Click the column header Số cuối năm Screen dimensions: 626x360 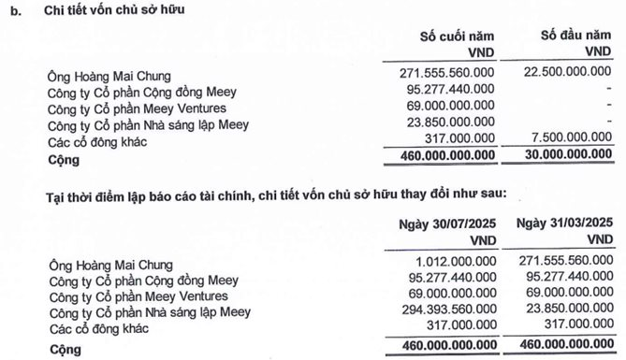tap(458, 36)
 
